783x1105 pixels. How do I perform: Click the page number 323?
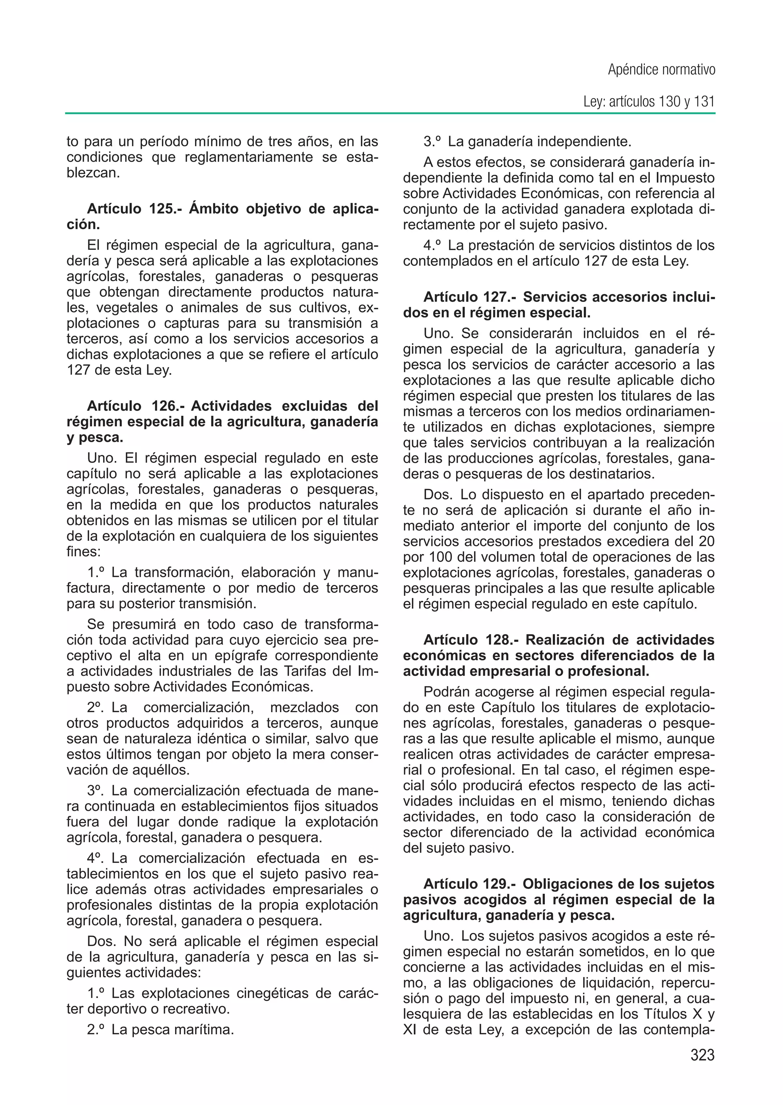click(702, 1055)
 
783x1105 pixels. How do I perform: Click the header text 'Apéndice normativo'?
click(661, 70)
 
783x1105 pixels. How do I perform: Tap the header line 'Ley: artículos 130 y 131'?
click(648, 102)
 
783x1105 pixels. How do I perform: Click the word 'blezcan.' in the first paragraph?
click(93, 173)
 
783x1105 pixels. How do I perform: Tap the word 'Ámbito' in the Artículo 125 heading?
click(214, 209)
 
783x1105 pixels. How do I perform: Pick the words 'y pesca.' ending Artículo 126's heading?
click(95, 437)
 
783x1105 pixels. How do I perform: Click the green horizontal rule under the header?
click(390, 113)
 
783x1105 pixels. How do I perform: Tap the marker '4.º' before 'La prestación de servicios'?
click(432, 245)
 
